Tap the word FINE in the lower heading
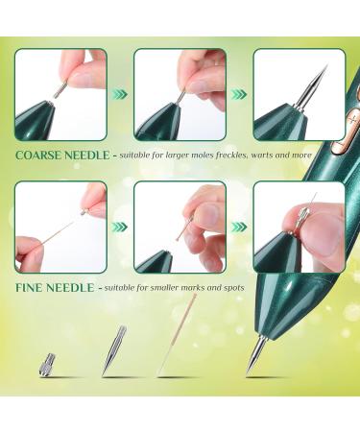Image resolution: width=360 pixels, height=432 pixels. click(32, 287)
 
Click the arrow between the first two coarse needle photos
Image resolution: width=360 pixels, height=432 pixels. click(120, 94)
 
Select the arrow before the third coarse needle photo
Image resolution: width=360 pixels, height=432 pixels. click(239, 94)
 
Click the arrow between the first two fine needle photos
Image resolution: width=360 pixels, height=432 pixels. click(120, 228)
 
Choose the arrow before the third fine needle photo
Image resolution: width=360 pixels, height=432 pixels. click(239, 228)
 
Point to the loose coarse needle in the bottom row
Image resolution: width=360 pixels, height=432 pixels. click(114, 349)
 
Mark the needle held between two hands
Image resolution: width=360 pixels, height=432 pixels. click(58, 231)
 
